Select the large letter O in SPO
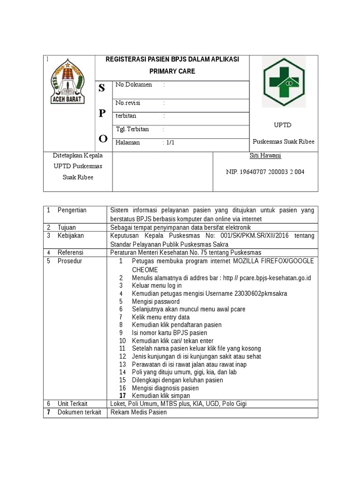[x=103, y=138]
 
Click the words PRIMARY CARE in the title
[x=172, y=72]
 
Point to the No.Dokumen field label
[x=134, y=85]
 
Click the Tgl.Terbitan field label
[x=132, y=129]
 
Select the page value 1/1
[x=170, y=142]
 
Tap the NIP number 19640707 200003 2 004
[x=265, y=172]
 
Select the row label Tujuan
[x=67, y=227]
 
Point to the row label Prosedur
[x=70, y=261]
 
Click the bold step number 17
[x=123, y=396]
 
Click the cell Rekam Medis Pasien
[x=138, y=412]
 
